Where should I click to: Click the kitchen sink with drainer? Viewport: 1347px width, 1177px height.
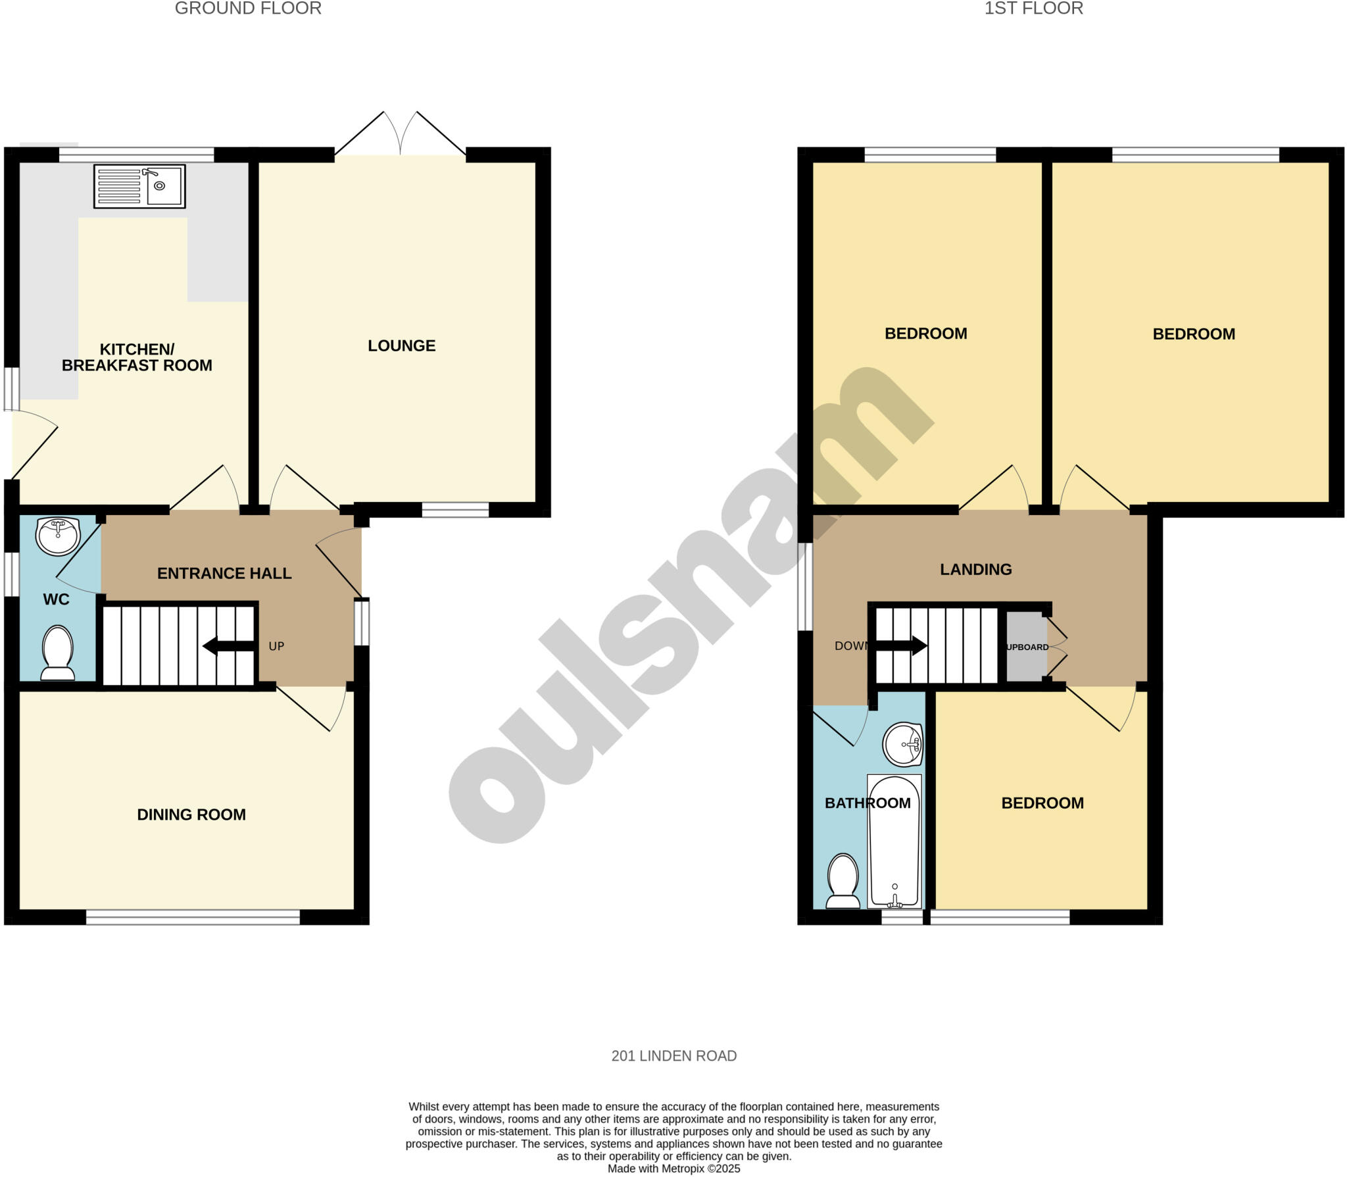pyautogui.click(x=139, y=186)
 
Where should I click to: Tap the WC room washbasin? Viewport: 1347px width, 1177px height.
pyautogui.click(x=58, y=536)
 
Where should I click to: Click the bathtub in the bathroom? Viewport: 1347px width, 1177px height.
pyautogui.click(x=894, y=842)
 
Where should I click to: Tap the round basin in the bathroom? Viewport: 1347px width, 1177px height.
pyautogui.click(x=903, y=745)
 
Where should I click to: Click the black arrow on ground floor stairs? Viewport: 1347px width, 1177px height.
pyautogui.click(x=228, y=646)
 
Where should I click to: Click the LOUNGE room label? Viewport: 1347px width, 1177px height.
pyautogui.click(x=401, y=345)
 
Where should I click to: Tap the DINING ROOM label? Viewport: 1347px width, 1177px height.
pyautogui.click(x=191, y=814)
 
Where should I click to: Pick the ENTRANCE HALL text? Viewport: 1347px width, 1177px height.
pyautogui.click(x=224, y=573)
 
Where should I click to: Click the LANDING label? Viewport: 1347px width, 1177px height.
pyautogui.click(x=975, y=569)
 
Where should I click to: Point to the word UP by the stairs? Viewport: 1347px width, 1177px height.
pyautogui.click(x=276, y=646)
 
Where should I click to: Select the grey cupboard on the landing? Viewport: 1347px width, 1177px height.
pyautogui.click(x=1025, y=647)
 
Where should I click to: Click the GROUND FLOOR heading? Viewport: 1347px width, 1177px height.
pyautogui.click(x=248, y=9)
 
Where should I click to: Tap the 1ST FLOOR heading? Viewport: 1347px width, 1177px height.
pyautogui.click(x=1033, y=9)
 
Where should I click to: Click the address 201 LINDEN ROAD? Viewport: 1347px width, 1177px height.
pyautogui.click(x=673, y=1056)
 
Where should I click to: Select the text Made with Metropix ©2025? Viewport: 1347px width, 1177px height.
pyautogui.click(x=673, y=1168)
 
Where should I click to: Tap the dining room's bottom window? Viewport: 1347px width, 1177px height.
pyautogui.click(x=193, y=917)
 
